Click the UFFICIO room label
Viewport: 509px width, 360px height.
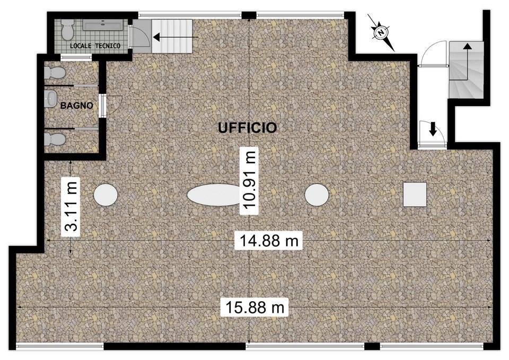[x=248, y=128]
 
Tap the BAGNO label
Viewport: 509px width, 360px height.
[x=76, y=106]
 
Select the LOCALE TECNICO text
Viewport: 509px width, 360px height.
[x=95, y=46]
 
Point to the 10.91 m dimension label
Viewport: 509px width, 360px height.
[x=249, y=180]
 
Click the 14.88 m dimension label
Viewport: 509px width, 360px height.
[x=268, y=241]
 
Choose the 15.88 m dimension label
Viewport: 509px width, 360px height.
[x=254, y=307]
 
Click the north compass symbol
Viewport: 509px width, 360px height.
[x=381, y=32]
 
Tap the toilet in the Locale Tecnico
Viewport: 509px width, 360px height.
[x=67, y=28]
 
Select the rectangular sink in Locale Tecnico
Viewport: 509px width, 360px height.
[x=103, y=25]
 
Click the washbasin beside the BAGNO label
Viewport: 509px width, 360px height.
[x=50, y=98]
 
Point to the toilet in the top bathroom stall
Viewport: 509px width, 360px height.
[x=55, y=73]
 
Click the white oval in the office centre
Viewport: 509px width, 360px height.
[x=214, y=195]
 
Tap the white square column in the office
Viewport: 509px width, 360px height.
[x=415, y=195]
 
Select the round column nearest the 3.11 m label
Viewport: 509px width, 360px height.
[x=106, y=195]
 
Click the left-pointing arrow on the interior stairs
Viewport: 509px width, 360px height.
[x=175, y=38]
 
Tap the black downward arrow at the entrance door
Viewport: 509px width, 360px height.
[x=433, y=129]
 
